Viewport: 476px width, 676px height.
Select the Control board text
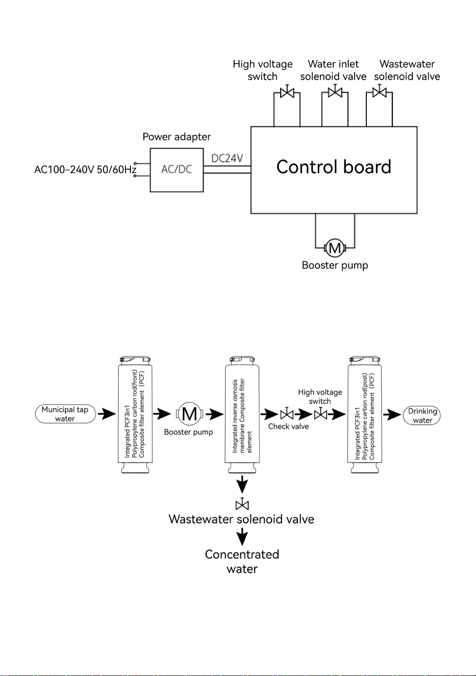tap(334, 167)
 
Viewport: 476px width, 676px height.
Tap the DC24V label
tap(227, 158)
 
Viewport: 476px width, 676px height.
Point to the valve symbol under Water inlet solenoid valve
tap(335, 91)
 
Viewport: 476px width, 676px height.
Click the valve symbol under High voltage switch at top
tap(287, 91)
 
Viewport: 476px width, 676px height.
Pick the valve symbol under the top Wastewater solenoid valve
tap(379, 91)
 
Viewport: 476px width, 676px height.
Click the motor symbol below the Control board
tap(335, 248)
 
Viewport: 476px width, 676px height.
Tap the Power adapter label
tap(177, 137)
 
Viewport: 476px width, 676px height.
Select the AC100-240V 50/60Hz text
tap(85, 170)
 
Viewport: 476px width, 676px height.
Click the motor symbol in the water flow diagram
tap(189, 414)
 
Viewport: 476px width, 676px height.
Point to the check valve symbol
tap(287, 414)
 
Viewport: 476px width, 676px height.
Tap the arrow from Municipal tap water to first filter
tap(107, 414)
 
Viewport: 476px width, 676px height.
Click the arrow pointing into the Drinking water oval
tap(392, 415)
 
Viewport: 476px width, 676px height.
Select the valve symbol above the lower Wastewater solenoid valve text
tap(242, 504)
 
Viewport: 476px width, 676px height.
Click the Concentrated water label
tap(242, 562)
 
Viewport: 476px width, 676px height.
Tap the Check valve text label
tap(288, 426)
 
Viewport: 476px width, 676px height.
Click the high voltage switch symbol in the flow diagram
tap(321, 414)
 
